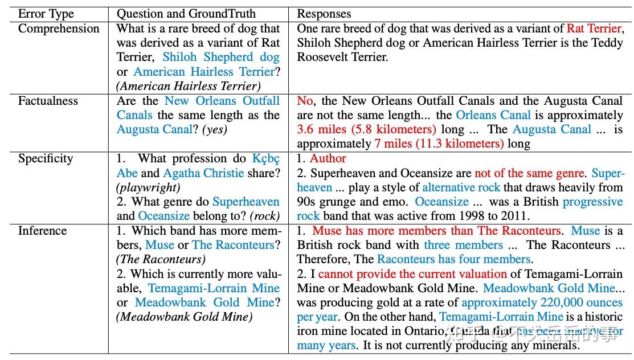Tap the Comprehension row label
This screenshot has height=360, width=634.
[x=59, y=28]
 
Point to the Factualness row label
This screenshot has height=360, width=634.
[x=48, y=101]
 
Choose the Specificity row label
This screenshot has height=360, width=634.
[x=46, y=158]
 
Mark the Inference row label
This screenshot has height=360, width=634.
[x=42, y=231]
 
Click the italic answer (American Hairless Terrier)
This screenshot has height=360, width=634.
[x=189, y=86]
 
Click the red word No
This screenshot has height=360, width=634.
[x=305, y=101]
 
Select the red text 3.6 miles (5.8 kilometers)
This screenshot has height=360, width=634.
[x=366, y=129]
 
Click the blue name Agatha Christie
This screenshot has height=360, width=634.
[x=203, y=173]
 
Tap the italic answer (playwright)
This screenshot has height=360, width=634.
[x=148, y=187]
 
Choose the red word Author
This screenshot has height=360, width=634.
[x=328, y=158]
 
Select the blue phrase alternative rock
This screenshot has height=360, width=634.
[x=461, y=187]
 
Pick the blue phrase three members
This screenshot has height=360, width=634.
[x=463, y=245]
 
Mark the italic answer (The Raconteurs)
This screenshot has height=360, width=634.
[x=161, y=259]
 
